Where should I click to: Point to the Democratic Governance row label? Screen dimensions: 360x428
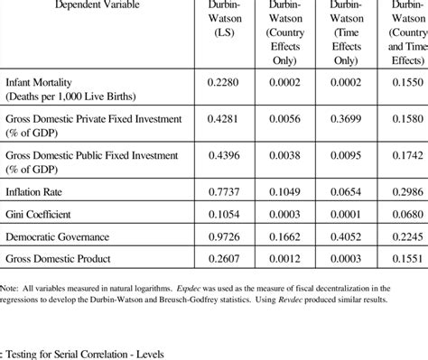[x=58, y=236]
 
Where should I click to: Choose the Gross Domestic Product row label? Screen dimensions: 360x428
[x=59, y=259]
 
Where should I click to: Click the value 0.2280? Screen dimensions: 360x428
[x=224, y=82]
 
